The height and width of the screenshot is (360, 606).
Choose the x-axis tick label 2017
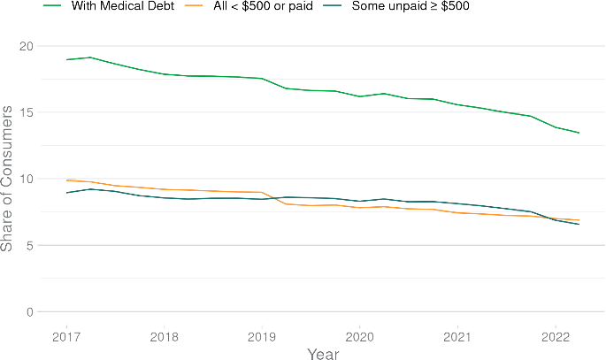coord(66,336)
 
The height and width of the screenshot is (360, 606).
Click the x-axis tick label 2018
coord(164,336)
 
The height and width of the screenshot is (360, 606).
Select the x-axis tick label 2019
coord(261,336)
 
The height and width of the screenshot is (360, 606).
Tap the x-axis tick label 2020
coord(359,336)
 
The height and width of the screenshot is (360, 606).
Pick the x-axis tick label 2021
coord(456,336)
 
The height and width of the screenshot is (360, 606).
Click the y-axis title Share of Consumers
coord(8,178)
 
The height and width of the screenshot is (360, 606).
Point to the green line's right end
coord(579,133)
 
